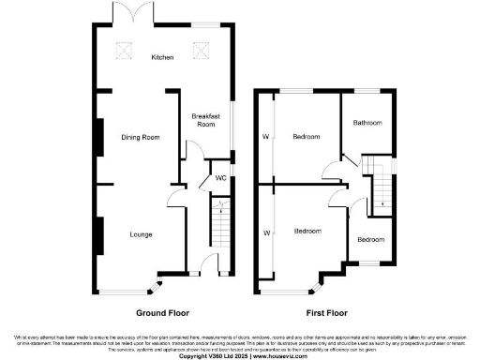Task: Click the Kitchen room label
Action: coord(163,58)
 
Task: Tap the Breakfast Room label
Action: coord(205,120)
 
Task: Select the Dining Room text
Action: coord(141,138)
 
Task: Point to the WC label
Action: coord(221,177)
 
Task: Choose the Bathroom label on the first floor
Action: coord(367,123)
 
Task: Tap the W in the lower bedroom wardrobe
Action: coord(265,232)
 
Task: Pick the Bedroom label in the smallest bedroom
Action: coord(370,239)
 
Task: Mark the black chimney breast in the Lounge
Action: coord(97,233)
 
